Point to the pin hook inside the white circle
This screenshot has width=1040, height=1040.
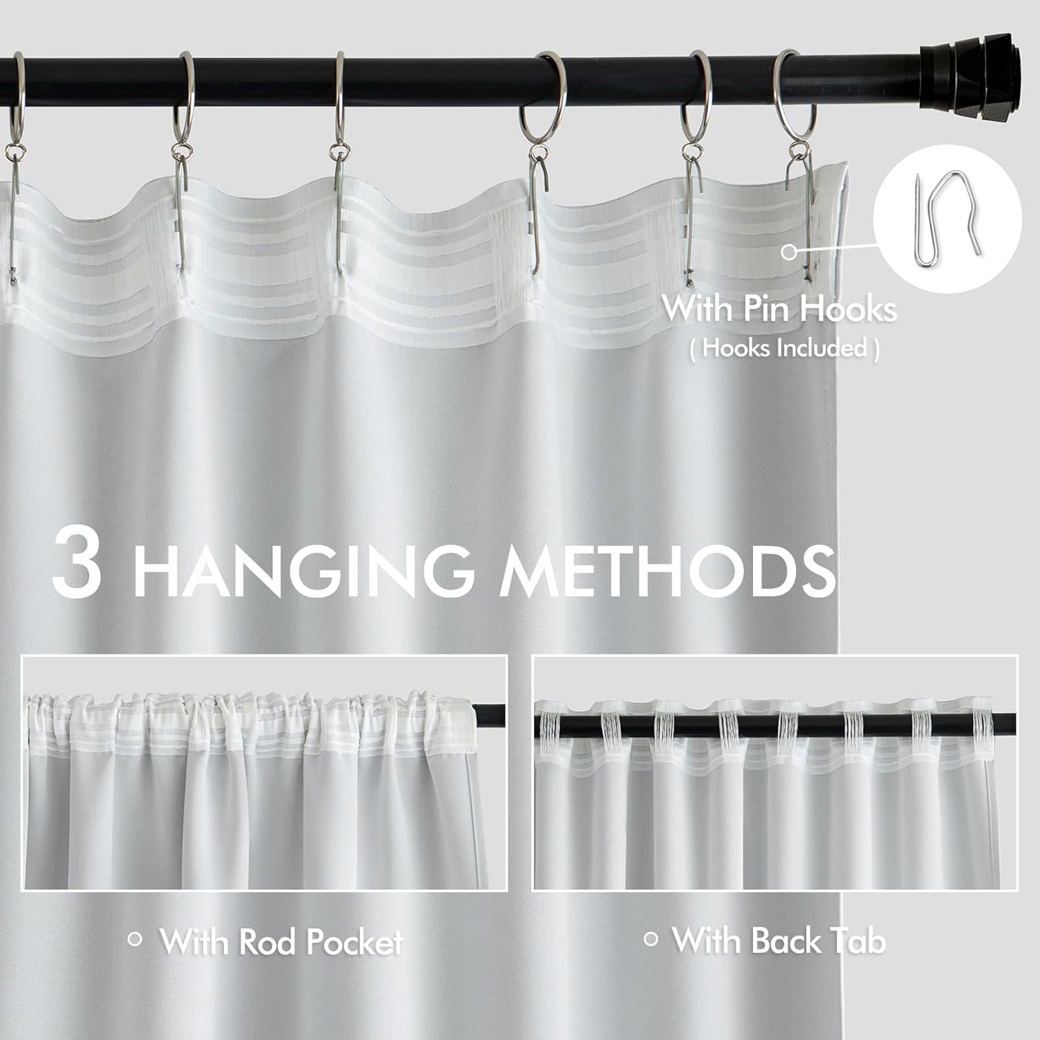pos(947,217)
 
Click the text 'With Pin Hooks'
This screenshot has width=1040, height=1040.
pos(779,309)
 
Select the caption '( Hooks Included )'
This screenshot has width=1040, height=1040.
pos(784,348)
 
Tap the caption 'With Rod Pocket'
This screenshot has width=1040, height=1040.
pos(281,941)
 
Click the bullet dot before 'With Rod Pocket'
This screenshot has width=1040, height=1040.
pos(134,939)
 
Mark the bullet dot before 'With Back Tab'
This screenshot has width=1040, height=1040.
pos(651,939)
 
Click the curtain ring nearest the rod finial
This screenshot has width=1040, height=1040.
pos(795,97)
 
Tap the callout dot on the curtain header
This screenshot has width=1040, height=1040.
pos(790,251)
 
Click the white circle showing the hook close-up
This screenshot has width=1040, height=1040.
pos(947,218)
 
